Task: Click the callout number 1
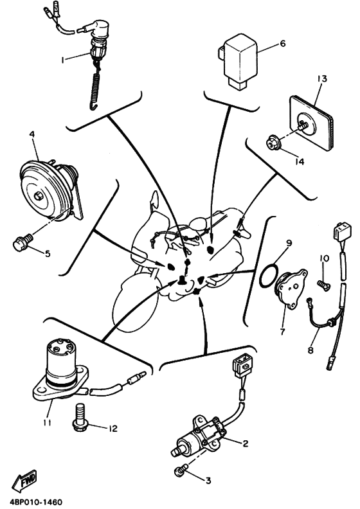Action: point(63,60)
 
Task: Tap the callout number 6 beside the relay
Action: point(282,43)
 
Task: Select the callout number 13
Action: point(322,78)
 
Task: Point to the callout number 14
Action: point(300,161)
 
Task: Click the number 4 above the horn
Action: point(32,134)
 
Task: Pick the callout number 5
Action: point(48,253)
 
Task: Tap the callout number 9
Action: point(289,243)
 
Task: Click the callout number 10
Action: point(324,258)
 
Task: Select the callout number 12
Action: point(113,429)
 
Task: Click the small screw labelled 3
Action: point(182,470)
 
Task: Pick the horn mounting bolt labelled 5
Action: point(23,242)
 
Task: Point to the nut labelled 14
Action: point(273,143)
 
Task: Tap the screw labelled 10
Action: point(324,285)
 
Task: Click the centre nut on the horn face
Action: point(39,196)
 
